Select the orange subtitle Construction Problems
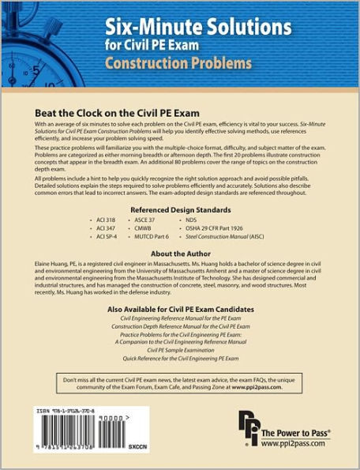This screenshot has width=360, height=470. point(178,62)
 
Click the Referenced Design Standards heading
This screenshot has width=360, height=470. point(181,209)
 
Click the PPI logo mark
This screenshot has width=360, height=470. point(247,434)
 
